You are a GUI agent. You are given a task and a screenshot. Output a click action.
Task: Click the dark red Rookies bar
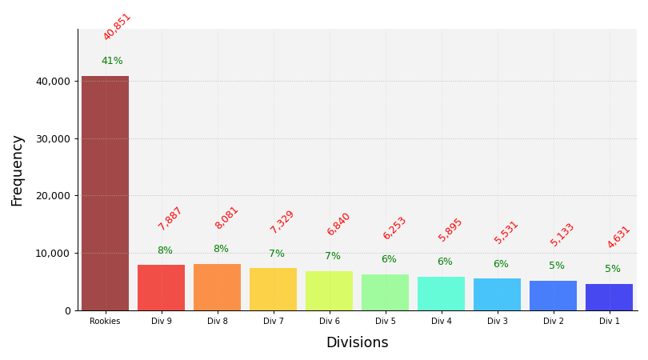[x=105, y=193]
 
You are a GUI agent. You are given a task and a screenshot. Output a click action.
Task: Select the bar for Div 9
[x=161, y=287]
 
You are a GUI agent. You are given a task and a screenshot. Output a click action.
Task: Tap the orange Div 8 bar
[x=217, y=286]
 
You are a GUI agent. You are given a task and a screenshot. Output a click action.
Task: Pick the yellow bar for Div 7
[x=273, y=289]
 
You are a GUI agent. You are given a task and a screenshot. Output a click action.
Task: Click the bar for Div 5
[x=385, y=292]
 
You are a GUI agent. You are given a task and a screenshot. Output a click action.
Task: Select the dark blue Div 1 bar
[x=609, y=297]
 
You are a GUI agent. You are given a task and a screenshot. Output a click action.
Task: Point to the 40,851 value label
[x=117, y=27]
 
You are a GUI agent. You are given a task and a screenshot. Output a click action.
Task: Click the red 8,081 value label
[x=226, y=218]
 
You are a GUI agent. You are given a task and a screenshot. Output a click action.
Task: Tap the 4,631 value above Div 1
[x=618, y=238]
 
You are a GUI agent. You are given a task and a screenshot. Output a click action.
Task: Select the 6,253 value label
[x=394, y=229]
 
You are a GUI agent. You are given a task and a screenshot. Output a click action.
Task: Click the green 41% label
[x=112, y=61]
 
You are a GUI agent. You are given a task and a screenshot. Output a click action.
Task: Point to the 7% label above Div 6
[x=333, y=256]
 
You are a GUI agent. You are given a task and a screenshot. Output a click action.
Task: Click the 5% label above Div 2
[x=557, y=266]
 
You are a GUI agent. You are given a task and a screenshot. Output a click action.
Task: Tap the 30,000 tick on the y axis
[x=53, y=138]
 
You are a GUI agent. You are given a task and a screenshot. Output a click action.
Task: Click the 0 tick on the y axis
[x=67, y=310]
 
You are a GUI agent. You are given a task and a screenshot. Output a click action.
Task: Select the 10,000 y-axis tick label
[x=53, y=253]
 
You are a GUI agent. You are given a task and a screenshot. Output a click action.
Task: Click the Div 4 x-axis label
[x=442, y=322]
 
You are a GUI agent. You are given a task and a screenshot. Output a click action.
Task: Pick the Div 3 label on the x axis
[x=498, y=322]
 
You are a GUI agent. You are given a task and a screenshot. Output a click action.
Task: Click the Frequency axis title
[x=18, y=170]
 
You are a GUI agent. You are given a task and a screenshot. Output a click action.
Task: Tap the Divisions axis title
[x=357, y=342]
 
